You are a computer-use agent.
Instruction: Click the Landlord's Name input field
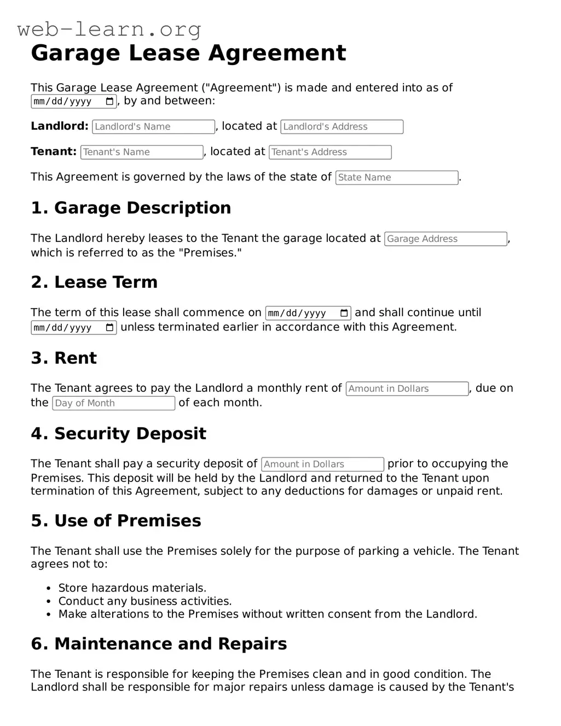pos(153,127)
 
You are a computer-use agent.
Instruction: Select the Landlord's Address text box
pos(342,127)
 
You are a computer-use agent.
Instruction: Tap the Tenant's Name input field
pos(142,152)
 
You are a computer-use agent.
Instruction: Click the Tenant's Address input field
pos(330,152)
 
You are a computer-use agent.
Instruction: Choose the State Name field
pos(396,178)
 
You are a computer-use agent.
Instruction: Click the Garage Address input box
pos(446,239)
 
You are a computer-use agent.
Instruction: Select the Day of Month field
pos(113,403)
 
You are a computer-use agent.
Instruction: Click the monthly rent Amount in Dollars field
pos(407,389)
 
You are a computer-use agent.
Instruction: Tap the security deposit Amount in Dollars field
pos(322,464)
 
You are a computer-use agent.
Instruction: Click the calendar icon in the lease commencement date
pos(344,313)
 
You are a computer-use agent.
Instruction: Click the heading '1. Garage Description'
pos(131,208)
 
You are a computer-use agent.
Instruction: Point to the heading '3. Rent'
pos(63,358)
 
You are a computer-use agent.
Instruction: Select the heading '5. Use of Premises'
pos(116,520)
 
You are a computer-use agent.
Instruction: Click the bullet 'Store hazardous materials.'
pos(132,588)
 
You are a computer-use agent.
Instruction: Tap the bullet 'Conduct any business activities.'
pos(145,601)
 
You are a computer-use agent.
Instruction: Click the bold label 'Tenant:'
pos(54,152)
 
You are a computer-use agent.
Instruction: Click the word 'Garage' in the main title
pos(75,53)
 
